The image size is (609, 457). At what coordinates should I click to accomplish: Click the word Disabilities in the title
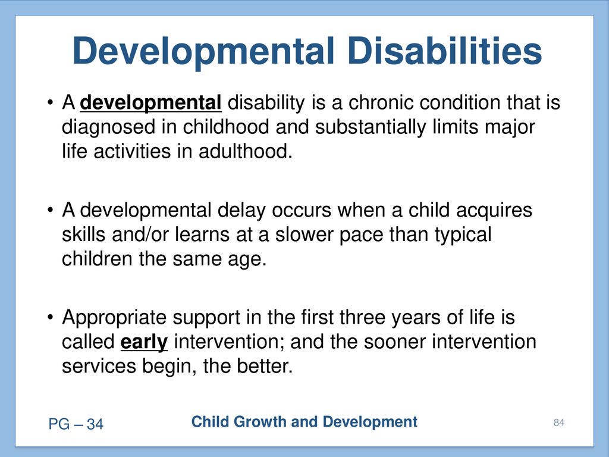coord(444,51)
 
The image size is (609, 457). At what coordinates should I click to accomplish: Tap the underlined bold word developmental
coord(150,103)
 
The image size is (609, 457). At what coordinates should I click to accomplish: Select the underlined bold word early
coord(144,342)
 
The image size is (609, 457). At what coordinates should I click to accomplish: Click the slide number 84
coord(559,422)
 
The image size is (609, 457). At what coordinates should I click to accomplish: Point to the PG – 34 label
coord(76,424)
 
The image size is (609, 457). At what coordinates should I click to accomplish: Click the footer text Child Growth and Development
coord(304,422)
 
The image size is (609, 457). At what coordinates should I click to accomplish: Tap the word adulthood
coord(246,151)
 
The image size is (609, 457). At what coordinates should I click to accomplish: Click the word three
coord(362,317)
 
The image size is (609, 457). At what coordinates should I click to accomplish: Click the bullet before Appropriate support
coord(50,318)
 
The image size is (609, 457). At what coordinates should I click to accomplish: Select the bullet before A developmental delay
coord(50,210)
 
